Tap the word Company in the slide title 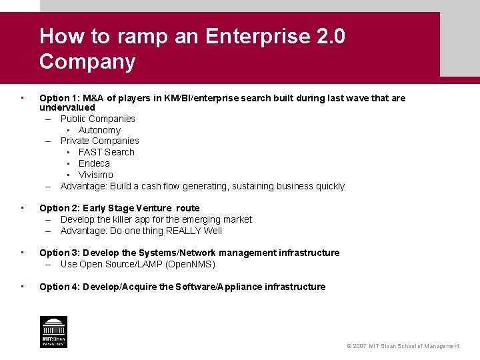coord(87,61)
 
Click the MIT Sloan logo coord(53,331)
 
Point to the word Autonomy coord(99,130)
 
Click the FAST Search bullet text coord(106,152)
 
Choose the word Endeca coord(94,163)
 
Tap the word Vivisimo coord(96,175)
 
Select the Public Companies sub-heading coord(98,119)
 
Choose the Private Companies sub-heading coord(100,141)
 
